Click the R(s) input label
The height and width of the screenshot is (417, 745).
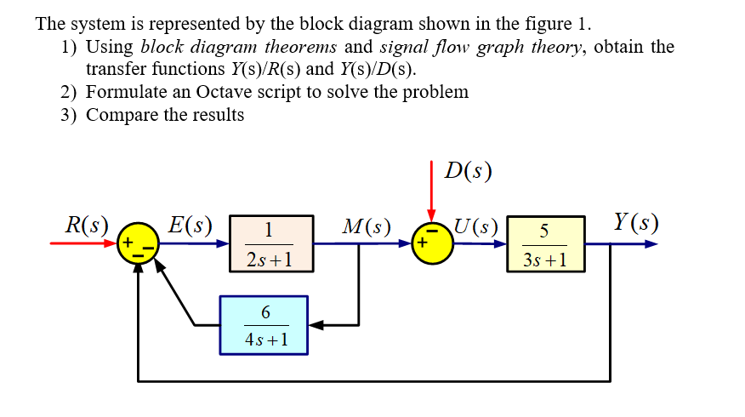pos(87,226)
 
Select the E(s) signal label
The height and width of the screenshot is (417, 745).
pos(189,226)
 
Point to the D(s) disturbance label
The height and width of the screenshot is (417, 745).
pos(469,171)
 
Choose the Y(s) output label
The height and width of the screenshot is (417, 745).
pos(635,223)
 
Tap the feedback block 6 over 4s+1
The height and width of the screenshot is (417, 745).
pos(264,324)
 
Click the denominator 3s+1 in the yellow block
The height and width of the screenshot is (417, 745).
pos(544,258)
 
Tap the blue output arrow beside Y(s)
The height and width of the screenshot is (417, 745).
pos(634,244)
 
